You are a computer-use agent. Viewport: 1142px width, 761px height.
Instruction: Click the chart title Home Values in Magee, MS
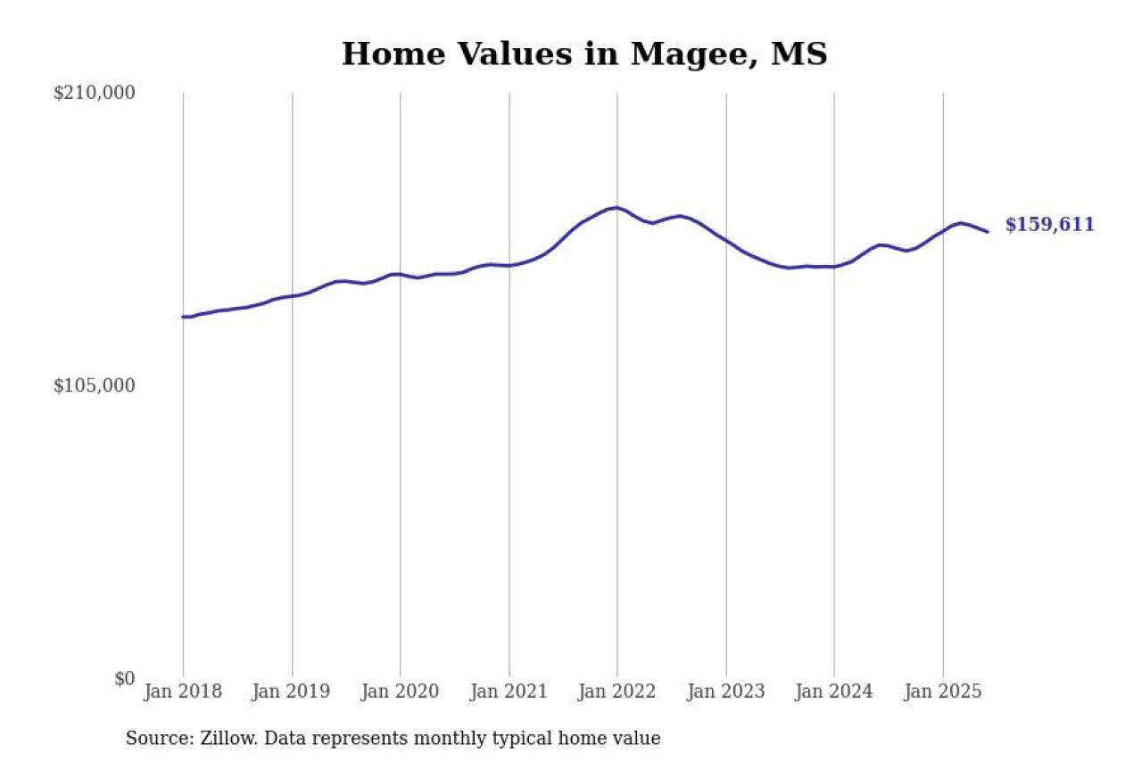click(x=584, y=54)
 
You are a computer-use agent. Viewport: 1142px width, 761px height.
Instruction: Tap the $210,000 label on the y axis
click(x=94, y=93)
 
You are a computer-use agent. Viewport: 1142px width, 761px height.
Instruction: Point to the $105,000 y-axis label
click(x=94, y=385)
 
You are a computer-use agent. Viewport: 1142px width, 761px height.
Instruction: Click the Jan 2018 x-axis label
click(x=183, y=691)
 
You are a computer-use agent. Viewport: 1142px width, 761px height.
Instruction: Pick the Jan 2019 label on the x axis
click(x=292, y=691)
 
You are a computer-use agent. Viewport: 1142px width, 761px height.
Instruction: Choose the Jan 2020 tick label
click(x=400, y=691)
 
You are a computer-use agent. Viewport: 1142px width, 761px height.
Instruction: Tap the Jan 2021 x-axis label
click(x=509, y=691)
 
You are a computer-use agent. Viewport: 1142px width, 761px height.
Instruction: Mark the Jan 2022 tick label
click(x=617, y=691)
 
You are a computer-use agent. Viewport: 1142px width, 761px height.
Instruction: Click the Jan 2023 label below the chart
click(x=726, y=691)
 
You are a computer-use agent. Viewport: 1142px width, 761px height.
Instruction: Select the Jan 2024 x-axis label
click(x=834, y=691)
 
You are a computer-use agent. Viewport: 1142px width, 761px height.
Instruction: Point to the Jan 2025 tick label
click(x=943, y=691)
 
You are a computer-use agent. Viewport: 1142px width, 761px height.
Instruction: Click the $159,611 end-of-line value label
click(x=1049, y=225)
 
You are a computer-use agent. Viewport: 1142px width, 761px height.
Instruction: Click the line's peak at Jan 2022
click(x=617, y=208)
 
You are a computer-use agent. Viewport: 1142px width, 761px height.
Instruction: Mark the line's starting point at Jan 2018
click(x=184, y=317)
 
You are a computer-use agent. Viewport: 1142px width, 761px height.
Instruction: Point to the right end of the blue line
click(x=987, y=232)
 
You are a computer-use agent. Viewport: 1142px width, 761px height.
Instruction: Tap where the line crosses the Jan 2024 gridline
click(x=834, y=267)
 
